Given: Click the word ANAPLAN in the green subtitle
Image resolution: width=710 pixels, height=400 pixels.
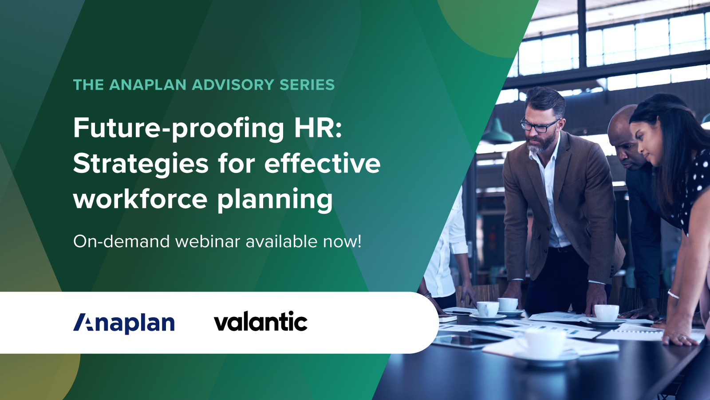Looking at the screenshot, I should (x=147, y=85).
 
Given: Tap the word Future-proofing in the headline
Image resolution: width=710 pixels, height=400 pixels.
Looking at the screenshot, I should (x=178, y=128).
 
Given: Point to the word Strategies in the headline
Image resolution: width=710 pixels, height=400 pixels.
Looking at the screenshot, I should (x=141, y=164).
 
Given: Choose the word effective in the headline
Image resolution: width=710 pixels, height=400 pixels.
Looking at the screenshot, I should (x=323, y=164).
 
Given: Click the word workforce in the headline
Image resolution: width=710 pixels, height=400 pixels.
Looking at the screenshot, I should (x=140, y=199).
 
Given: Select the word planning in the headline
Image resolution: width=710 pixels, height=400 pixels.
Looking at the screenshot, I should (x=275, y=200).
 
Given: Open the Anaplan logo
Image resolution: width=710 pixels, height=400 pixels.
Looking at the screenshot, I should (x=124, y=323).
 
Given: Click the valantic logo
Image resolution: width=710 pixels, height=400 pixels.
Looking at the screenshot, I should (x=260, y=322).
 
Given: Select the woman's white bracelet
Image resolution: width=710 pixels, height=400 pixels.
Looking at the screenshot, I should (x=673, y=294).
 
